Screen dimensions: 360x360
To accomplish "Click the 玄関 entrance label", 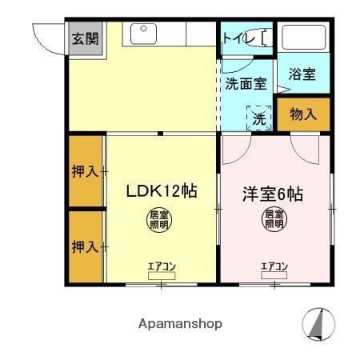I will pyautogui.click(x=84, y=38).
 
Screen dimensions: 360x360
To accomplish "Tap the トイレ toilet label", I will pyautogui.click(x=238, y=38).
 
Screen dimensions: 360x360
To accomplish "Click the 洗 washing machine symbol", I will pyautogui.click(x=258, y=118).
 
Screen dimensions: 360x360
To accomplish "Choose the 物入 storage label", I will pyautogui.click(x=302, y=114).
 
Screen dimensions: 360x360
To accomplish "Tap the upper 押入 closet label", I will pyautogui.click(x=84, y=171).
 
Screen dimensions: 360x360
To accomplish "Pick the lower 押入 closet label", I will pyautogui.click(x=84, y=246).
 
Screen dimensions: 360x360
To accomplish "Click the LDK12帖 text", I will pyautogui.click(x=161, y=192).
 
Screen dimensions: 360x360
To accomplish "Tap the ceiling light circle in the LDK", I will pyautogui.click(x=158, y=219).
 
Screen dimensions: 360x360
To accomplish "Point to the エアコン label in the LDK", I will pyautogui.click(x=161, y=266).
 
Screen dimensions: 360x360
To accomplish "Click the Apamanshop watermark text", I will pyautogui.click(x=180, y=324).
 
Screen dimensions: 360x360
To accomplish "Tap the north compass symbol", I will pyautogui.click(x=317, y=324).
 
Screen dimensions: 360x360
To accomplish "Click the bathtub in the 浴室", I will pyautogui.click(x=303, y=38).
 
